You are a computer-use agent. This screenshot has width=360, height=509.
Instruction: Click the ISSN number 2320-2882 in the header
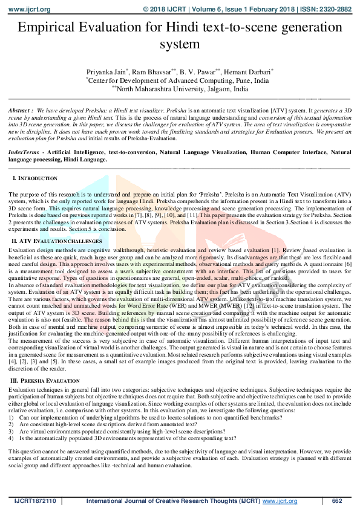coord(336,10)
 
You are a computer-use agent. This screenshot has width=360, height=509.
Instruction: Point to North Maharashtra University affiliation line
coord(181,88)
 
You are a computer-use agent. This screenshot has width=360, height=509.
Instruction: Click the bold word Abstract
coord(21,112)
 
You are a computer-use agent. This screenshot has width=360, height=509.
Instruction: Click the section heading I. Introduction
coord(35,179)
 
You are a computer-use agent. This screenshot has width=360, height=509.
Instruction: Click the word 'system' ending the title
coord(180,44)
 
